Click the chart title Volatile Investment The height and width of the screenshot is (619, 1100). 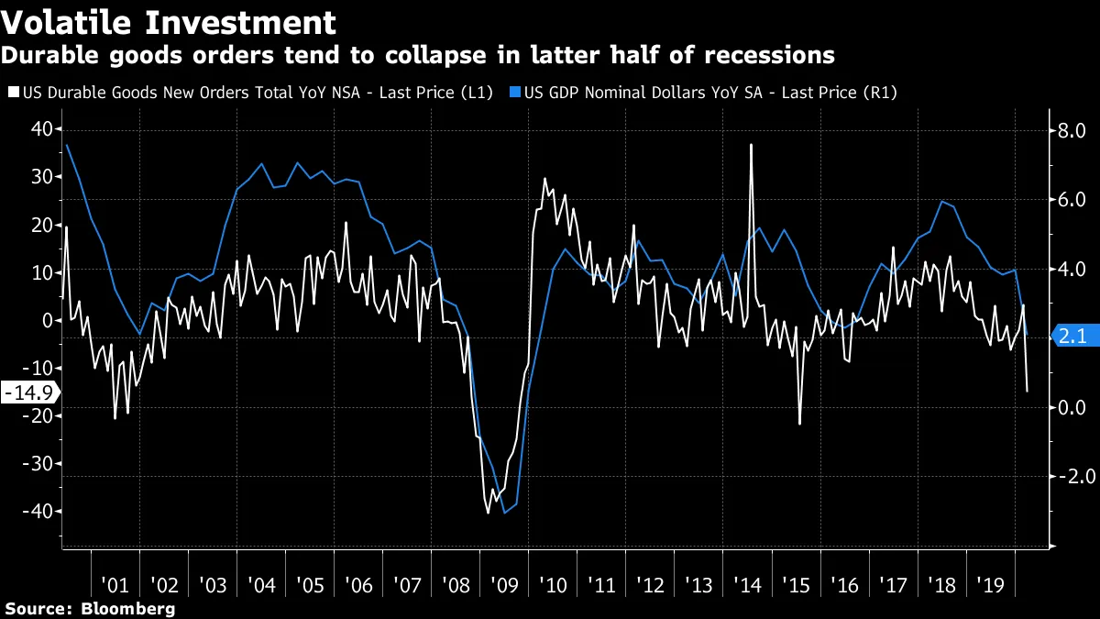pyautogui.click(x=169, y=21)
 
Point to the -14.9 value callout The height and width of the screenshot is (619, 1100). pyautogui.click(x=27, y=392)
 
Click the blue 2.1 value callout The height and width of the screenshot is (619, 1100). pyautogui.click(x=1071, y=337)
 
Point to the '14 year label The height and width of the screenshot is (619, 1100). pyautogui.click(x=747, y=585)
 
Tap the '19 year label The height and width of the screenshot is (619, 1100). pyautogui.click(x=991, y=585)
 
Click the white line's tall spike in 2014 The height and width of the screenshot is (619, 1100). pyautogui.click(x=751, y=145)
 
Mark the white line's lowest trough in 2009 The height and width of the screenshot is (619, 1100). pyautogui.click(x=489, y=513)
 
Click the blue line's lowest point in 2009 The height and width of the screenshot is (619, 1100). pyautogui.click(x=505, y=513)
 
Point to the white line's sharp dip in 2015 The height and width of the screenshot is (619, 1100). pyautogui.click(x=799, y=424)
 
